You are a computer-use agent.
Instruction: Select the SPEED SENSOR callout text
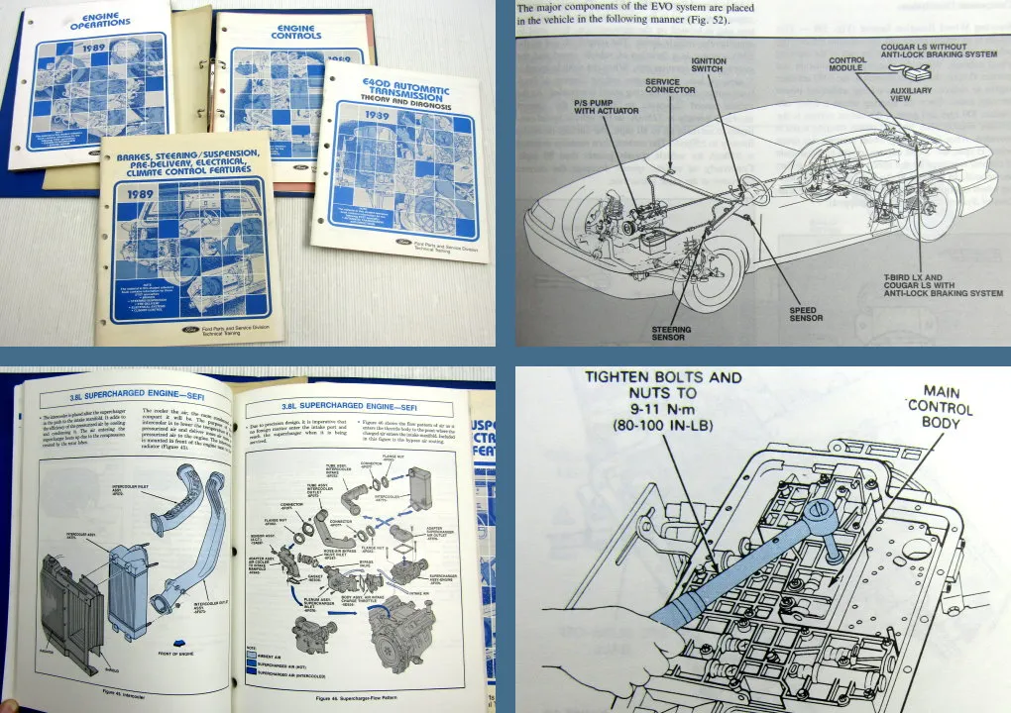tap(803, 316)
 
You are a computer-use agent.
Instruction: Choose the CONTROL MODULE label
tap(847, 66)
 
